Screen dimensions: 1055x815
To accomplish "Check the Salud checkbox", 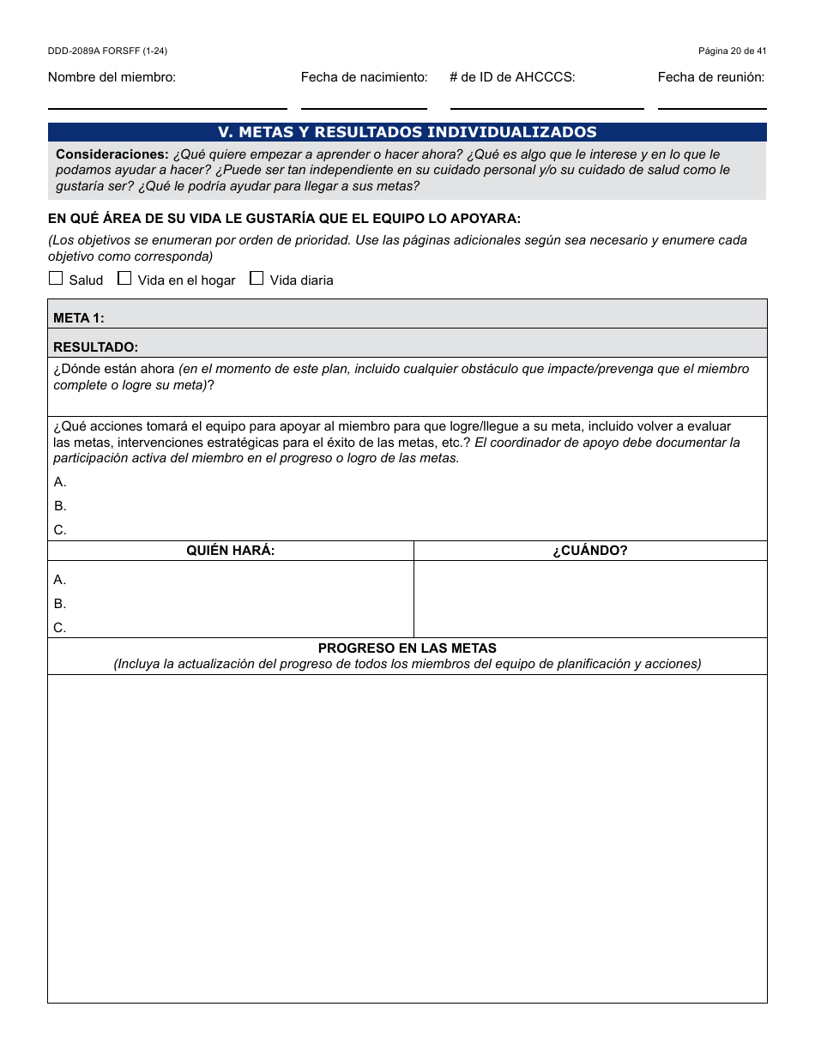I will click(56, 278).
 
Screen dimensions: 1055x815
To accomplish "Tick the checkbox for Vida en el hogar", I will click(124, 278).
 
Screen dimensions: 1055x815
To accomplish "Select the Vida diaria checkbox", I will click(257, 278).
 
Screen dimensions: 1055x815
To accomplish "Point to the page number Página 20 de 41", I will click(732, 51).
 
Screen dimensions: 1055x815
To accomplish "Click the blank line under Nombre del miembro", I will click(167, 101).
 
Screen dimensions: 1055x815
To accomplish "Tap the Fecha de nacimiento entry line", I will click(364, 101).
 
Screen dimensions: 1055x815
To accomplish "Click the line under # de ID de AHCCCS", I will click(546, 101).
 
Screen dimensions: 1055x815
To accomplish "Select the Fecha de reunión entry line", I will click(712, 101).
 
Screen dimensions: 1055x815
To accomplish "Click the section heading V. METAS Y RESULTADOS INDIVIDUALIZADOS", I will click(407, 132).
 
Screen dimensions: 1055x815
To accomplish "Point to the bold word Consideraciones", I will click(112, 154).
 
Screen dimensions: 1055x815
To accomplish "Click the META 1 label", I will click(79, 318).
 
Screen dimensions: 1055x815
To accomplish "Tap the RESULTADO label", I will click(95, 347).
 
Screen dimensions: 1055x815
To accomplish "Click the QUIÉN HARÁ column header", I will click(231, 551).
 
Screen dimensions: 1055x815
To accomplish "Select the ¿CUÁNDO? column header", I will click(590, 551).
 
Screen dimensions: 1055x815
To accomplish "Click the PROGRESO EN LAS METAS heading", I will click(407, 648).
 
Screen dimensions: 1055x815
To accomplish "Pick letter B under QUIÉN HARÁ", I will click(60, 604).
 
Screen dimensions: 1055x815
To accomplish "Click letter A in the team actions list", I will click(60, 482).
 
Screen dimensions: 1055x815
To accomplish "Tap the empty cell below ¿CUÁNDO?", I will click(590, 599).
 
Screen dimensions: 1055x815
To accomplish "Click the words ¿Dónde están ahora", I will click(114, 370).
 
